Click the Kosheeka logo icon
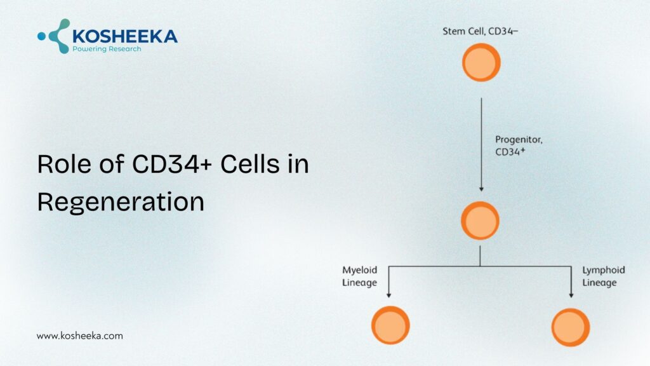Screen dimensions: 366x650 click(55, 36)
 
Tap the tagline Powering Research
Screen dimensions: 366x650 click(107, 49)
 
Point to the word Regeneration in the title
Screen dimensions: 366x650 click(121, 201)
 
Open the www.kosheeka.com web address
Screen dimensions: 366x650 click(79, 335)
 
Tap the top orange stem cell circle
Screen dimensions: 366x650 click(481, 62)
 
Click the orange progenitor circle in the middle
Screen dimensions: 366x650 click(480, 220)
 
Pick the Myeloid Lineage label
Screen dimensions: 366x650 click(360, 276)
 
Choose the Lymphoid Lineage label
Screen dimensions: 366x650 click(603, 276)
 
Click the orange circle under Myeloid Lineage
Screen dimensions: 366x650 click(390, 325)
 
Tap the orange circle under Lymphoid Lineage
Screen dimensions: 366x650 click(571, 327)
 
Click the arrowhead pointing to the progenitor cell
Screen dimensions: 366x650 click(481, 188)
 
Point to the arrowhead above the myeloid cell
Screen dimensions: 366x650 click(388, 294)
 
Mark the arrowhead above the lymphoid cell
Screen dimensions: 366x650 click(571, 294)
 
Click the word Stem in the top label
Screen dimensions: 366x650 click(454, 31)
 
